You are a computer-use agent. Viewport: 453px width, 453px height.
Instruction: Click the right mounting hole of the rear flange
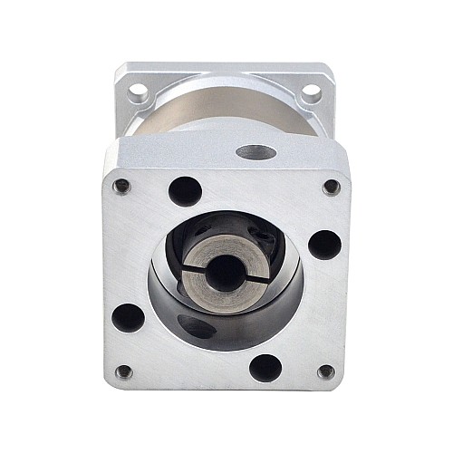pos(310,92)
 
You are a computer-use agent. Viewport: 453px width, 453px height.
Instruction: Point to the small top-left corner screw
pos(121,186)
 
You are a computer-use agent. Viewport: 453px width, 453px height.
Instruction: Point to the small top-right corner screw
pos(332,187)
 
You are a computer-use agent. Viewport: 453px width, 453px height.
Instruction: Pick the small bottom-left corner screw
pos(124,371)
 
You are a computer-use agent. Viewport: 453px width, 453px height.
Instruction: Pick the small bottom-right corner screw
pos(326,371)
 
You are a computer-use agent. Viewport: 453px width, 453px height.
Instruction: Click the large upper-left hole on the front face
pos(186,191)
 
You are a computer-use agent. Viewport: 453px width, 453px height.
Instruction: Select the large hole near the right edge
pos(323,245)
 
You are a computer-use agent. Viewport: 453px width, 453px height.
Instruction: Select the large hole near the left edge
pos(129,316)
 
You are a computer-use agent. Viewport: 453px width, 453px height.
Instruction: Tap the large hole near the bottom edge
pos(265,368)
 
